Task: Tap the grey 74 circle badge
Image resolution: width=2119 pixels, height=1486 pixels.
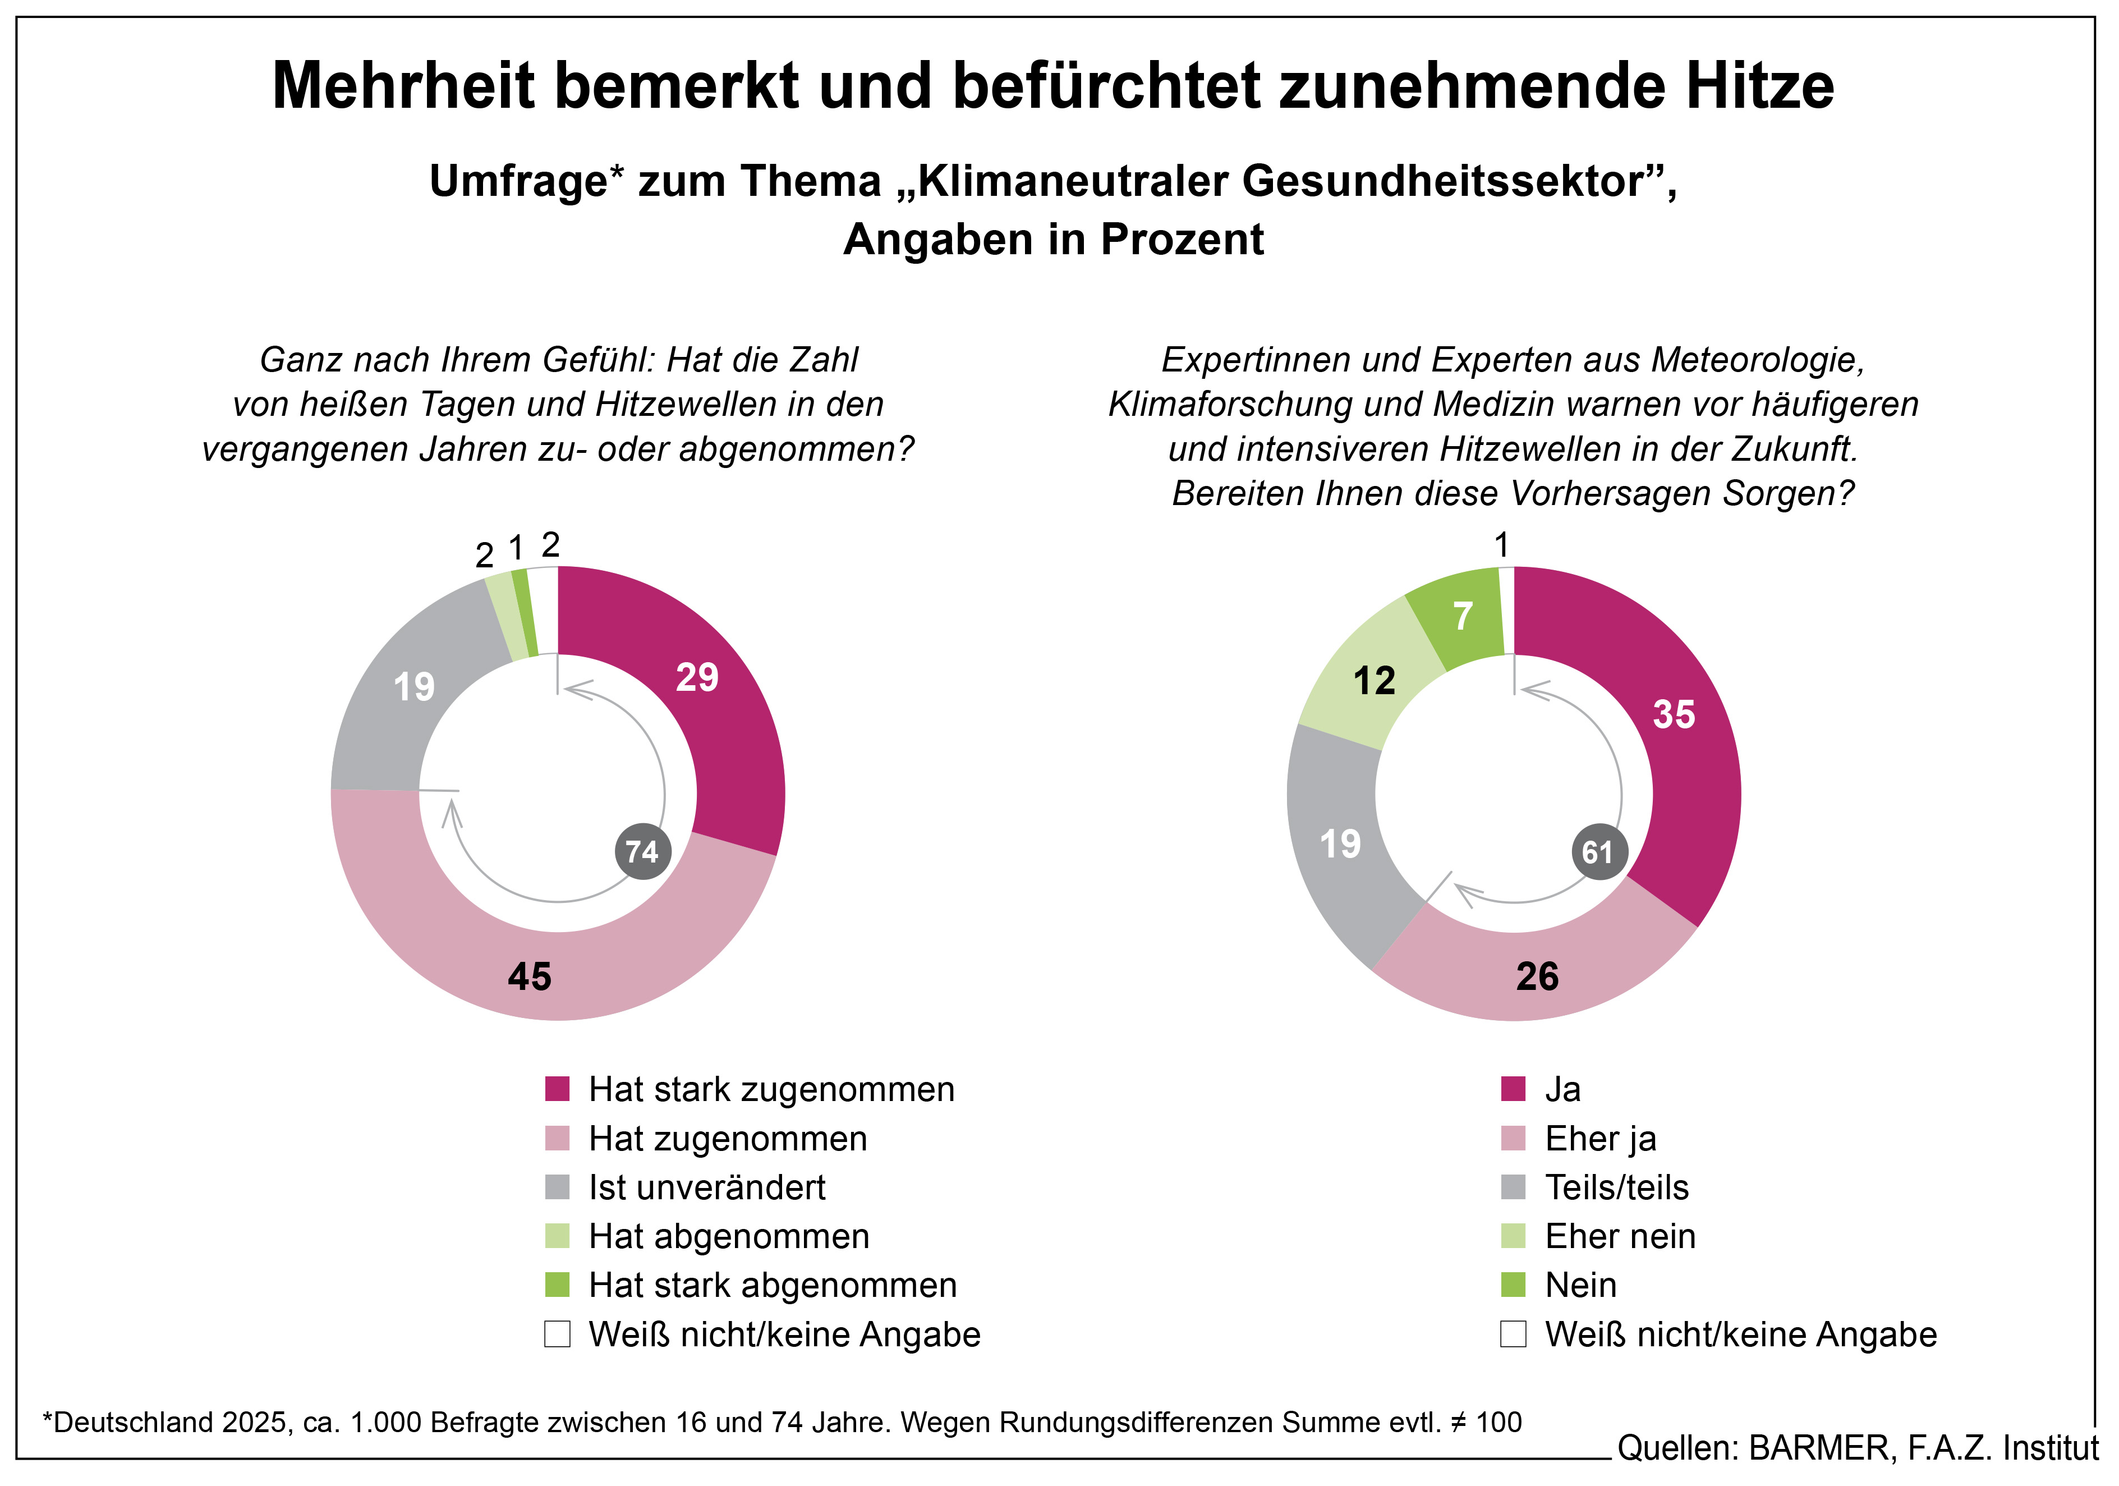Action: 642,851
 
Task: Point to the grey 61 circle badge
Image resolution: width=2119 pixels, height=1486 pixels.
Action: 1598,851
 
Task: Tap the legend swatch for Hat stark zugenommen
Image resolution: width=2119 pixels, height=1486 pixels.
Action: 558,1089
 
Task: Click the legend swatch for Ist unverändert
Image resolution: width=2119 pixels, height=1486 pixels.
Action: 558,1187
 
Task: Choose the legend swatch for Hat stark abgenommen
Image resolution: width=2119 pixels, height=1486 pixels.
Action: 558,1285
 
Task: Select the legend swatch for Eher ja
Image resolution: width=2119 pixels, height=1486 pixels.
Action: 1514,1138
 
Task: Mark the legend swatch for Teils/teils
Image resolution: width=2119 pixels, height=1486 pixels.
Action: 1514,1187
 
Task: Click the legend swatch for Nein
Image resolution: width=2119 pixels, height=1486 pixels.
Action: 1514,1285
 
